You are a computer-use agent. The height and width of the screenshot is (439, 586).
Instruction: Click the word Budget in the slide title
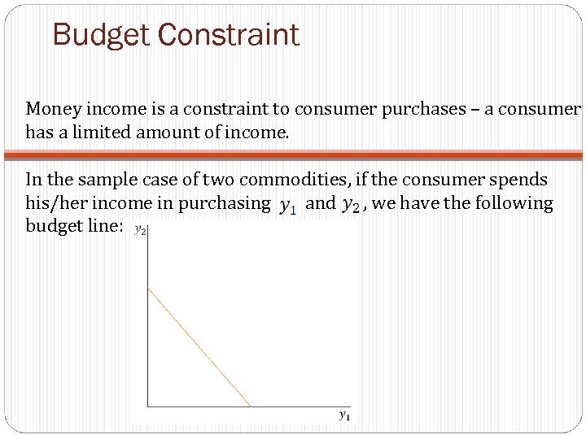(100, 35)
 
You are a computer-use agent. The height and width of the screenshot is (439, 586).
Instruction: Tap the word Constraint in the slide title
(228, 35)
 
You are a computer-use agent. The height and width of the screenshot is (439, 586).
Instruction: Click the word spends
(513, 180)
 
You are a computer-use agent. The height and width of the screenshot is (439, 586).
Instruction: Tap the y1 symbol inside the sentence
(287, 206)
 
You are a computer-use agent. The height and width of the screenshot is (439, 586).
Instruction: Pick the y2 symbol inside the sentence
(351, 206)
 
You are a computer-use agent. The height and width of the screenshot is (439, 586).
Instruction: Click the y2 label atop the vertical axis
(139, 231)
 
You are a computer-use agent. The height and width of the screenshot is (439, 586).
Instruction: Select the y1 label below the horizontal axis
(344, 416)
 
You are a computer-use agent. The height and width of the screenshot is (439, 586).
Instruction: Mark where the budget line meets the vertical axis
(147, 288)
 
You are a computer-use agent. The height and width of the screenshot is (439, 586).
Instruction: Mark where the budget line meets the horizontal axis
(251, 406)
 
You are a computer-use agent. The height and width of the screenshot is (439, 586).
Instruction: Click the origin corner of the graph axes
(147, 406)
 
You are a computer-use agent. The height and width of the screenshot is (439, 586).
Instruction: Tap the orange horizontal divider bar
(293, 154)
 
